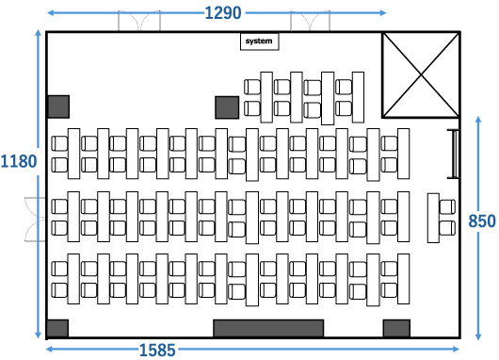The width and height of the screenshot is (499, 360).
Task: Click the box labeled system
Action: click(259, 41)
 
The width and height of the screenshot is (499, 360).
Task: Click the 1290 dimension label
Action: click(223, 13)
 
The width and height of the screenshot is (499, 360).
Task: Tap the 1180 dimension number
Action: click(19, 161)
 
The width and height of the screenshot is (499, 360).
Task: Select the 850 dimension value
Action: click(482, 221)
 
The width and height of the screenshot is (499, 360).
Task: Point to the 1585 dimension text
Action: click(157, 351)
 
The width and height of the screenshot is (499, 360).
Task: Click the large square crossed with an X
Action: click(421, 74)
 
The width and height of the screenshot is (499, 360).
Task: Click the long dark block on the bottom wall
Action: click(268, 328)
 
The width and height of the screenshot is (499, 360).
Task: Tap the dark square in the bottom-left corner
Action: click(57, 328)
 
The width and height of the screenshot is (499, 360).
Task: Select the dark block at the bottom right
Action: click(396, 328)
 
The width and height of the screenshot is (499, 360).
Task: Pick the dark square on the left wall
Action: click(58, 106)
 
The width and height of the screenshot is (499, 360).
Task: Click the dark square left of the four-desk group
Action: click(227, 107)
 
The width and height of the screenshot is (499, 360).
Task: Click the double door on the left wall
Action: click(35, 220)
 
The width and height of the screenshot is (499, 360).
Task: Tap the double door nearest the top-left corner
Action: click(139, 21)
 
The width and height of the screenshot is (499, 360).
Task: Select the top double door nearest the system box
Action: click(311, 21)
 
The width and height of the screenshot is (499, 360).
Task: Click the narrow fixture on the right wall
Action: click(454, 154)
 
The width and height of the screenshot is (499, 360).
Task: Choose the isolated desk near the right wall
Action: click(433, 218)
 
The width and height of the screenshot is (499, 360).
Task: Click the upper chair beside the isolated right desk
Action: click(447, 206)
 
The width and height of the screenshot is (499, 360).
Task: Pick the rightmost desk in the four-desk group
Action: click(358, 97)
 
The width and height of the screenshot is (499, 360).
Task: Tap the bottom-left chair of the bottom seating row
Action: click(59, 290)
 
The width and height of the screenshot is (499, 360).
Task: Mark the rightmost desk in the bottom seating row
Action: click(404, 279)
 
